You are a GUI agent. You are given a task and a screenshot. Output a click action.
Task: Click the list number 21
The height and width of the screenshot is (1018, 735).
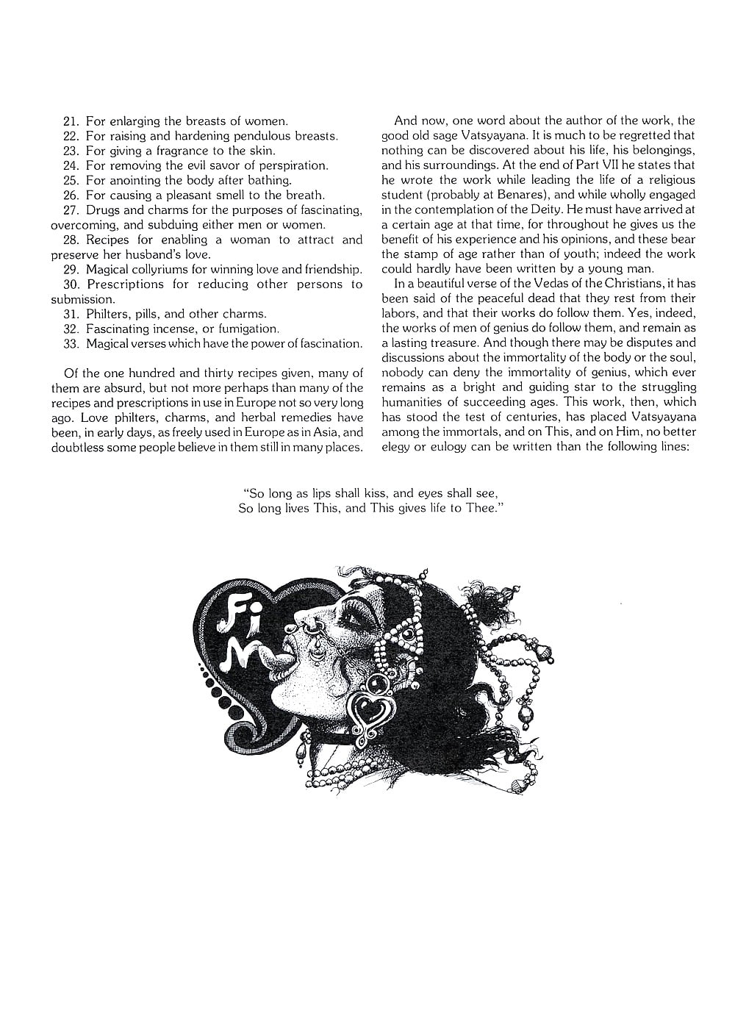click(x=71, y=121)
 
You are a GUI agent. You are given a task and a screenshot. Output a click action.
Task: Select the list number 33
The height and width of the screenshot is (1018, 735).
click(x=71, y=344)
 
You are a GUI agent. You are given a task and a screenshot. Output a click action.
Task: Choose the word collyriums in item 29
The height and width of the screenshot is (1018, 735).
click(x=161, y=270)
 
